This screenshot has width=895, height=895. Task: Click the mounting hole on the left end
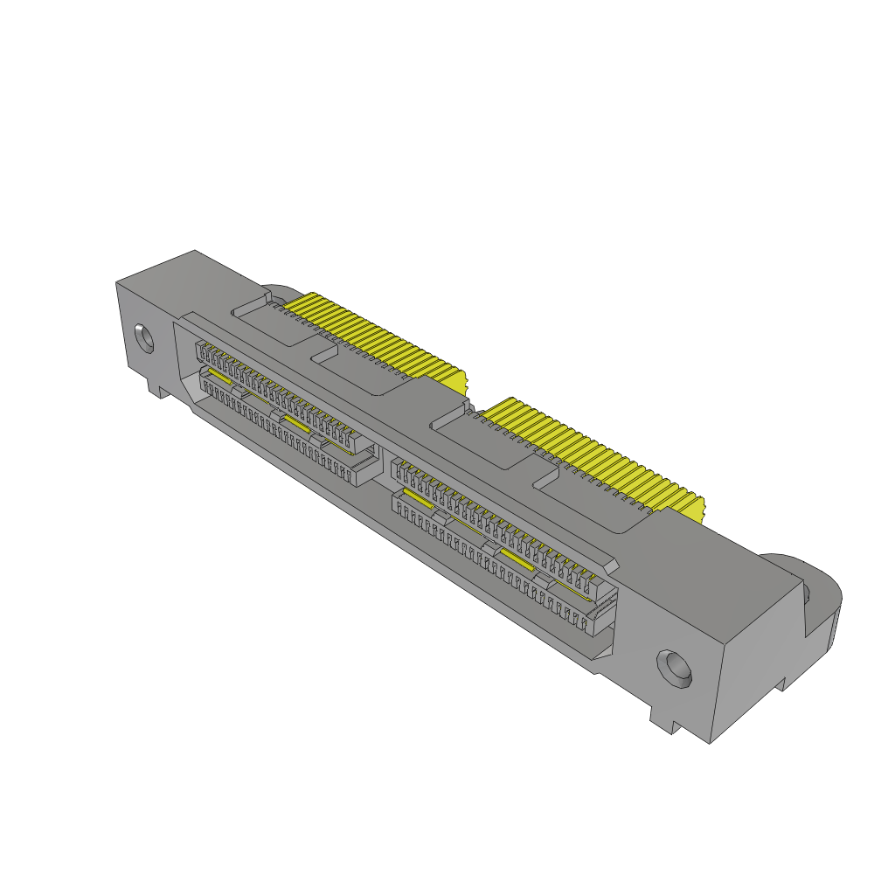click(x=143, y=338)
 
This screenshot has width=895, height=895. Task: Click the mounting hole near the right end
click(x=675, y=668)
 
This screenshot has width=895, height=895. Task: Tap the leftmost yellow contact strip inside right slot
click(x=417, y=499)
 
